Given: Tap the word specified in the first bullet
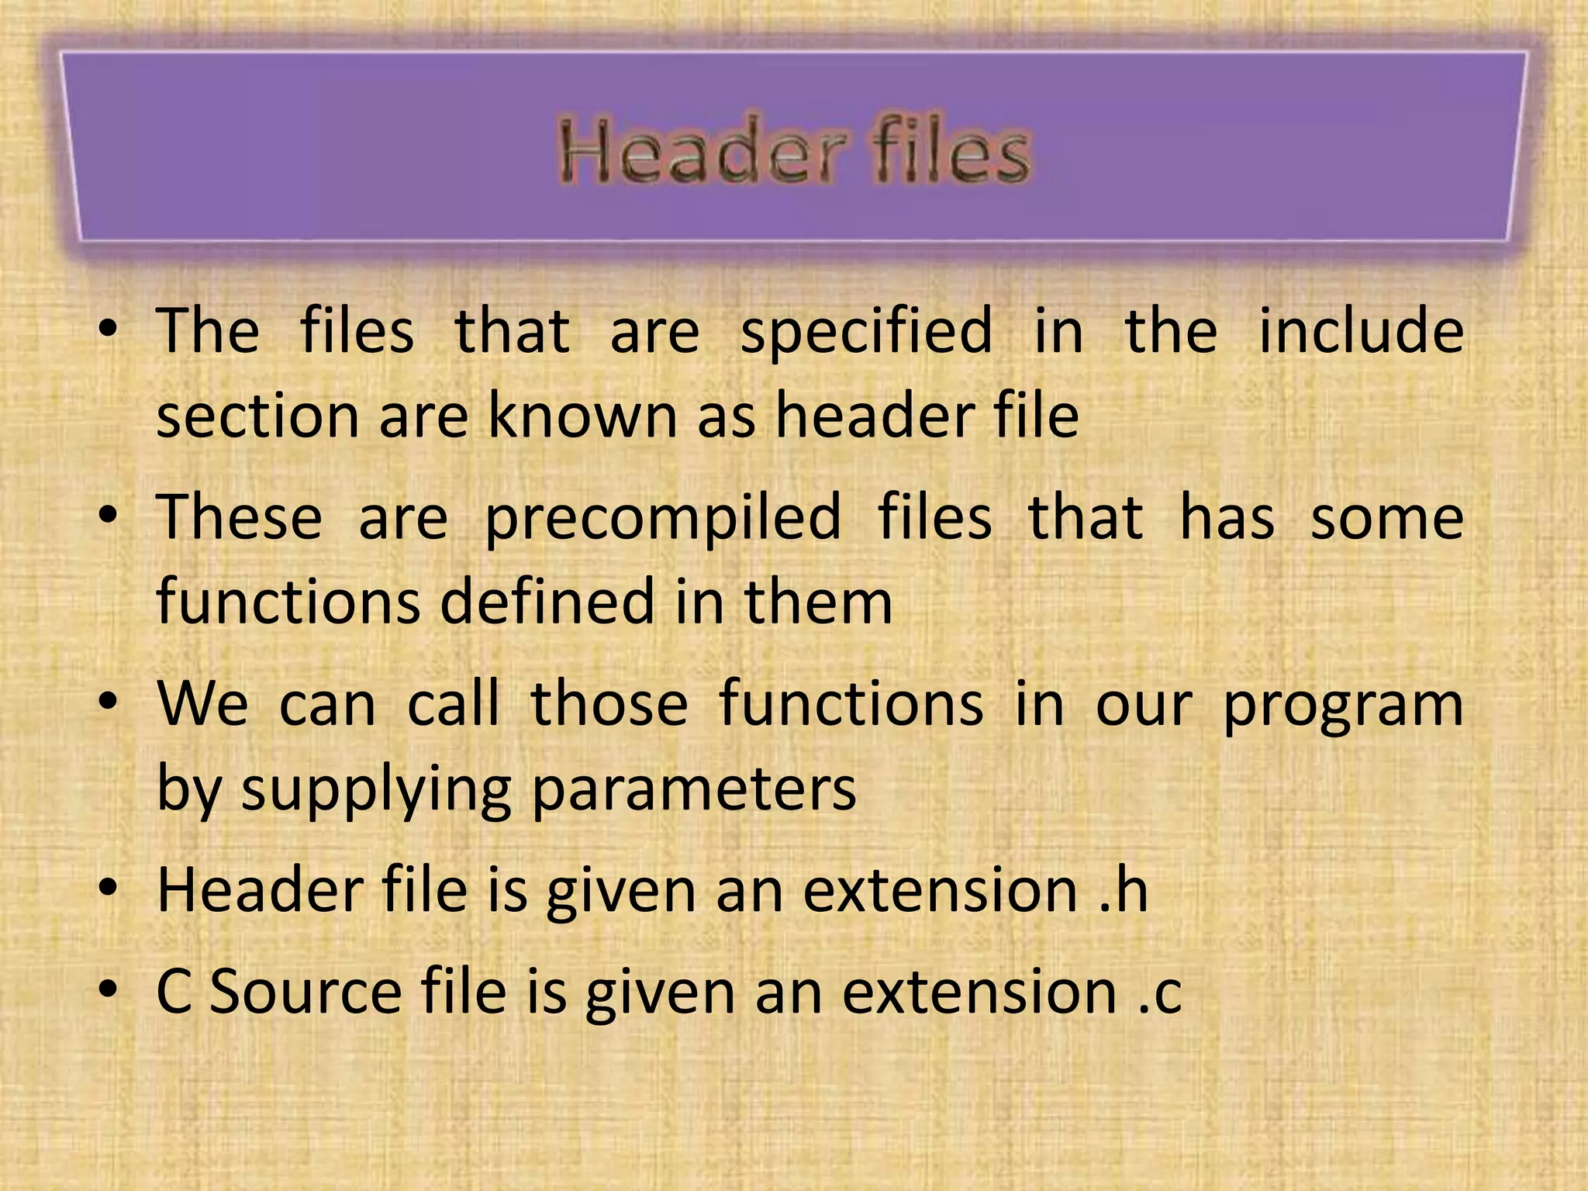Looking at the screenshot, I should pyautogui.click(x=866, y=332).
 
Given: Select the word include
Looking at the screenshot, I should pyautogui.click(x=1361, y=330).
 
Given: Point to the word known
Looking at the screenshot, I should pyautogui.click(x=584, y=416).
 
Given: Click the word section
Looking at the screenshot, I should pyautogui.click(x=258, y=417).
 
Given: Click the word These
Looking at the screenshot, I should pyautogui.click(x=240, y=517).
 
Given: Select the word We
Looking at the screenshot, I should pyautogui.click(x=203, y=703).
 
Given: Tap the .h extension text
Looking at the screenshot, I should pyautogui.click(x=1124, y=890).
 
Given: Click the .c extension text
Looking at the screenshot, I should pyautogui.click(x=1160, y=992).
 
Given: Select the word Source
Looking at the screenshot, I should pyautogui.click(x=306, y=992).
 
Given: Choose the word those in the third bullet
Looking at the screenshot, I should pyautogui.click(x=609, y=703).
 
